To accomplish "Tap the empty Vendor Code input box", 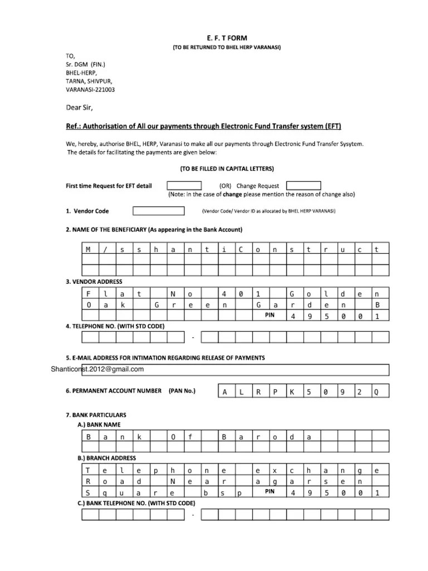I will pos(158,211).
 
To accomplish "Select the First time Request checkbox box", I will pos(188,185).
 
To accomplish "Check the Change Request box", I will pos(303,185).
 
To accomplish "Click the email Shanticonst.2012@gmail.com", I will pos(97,369).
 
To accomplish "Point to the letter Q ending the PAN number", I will pos(376,392).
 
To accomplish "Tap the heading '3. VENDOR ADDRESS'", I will pos(94,282).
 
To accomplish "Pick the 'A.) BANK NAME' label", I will pos(100,424).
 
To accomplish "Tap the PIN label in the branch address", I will pos(270,491).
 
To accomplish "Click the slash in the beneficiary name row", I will pos(104,250).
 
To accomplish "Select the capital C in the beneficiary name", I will pos(241,250).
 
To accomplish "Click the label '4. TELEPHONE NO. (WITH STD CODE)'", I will pos(115,326).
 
